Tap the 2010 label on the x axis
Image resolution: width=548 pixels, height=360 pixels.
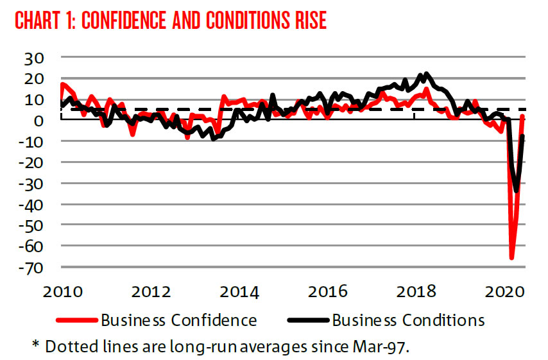(62, 293)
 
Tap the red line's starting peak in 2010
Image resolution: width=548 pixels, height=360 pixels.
(62, 84)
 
